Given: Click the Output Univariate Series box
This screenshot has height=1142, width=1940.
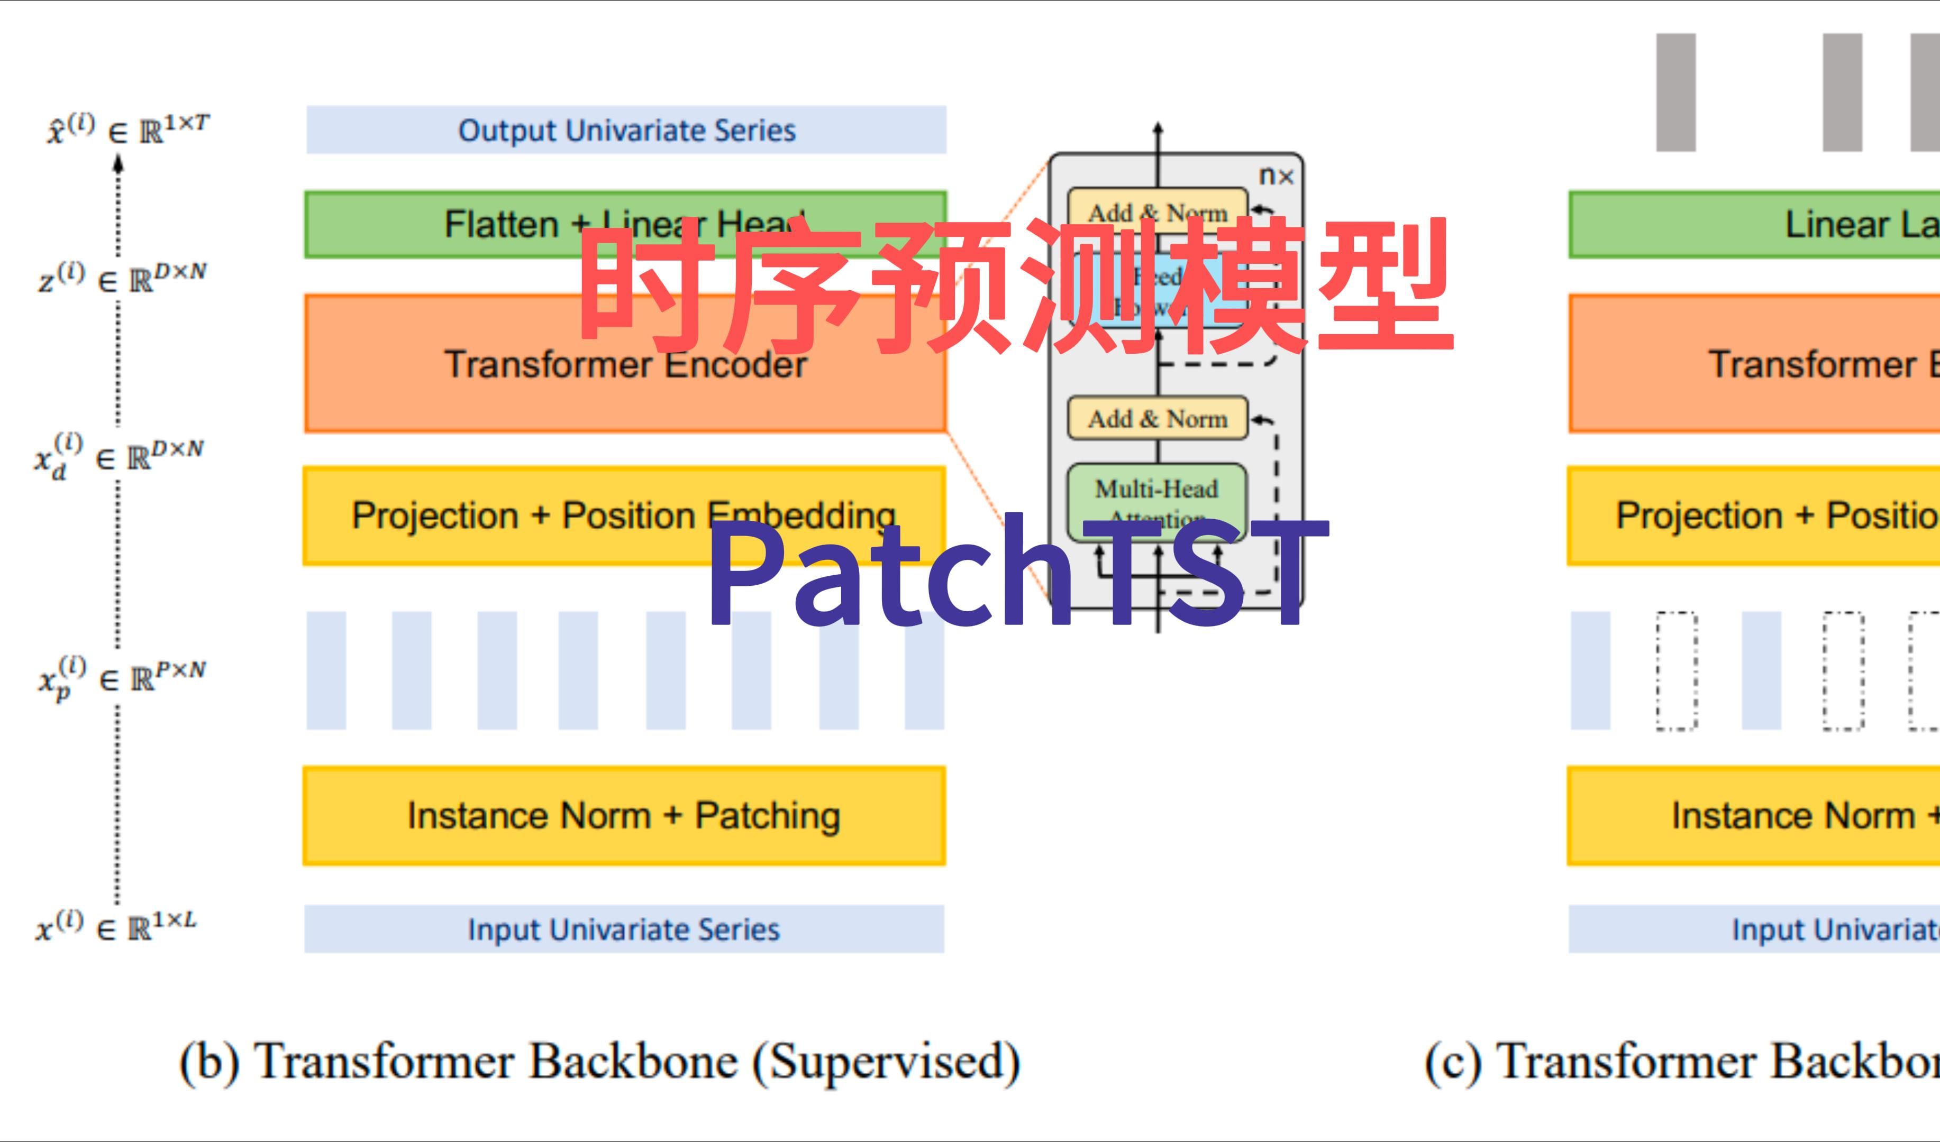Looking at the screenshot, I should click(x=625, y=130).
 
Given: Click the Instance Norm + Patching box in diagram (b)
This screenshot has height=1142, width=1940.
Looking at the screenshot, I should click(x=624, y=816).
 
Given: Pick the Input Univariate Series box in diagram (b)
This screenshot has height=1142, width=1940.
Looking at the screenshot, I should click(x=624, y=929).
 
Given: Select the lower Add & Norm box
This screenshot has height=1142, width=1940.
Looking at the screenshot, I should click(x=1156, y=419).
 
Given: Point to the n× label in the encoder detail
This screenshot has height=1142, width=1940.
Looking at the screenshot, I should click(x=1276, y=176).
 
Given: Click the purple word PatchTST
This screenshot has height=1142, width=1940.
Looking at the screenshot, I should click(x=1016, y=573).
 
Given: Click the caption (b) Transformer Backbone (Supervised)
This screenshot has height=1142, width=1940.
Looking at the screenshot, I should click(x=599, y=1062).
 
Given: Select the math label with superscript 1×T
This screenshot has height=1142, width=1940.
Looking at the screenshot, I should click(x=127, y=130).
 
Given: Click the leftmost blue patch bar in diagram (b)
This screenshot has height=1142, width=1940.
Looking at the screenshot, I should click(x=326, y=670).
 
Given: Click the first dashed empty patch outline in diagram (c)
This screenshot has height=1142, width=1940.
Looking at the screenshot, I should click(x=1677, y=670).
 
